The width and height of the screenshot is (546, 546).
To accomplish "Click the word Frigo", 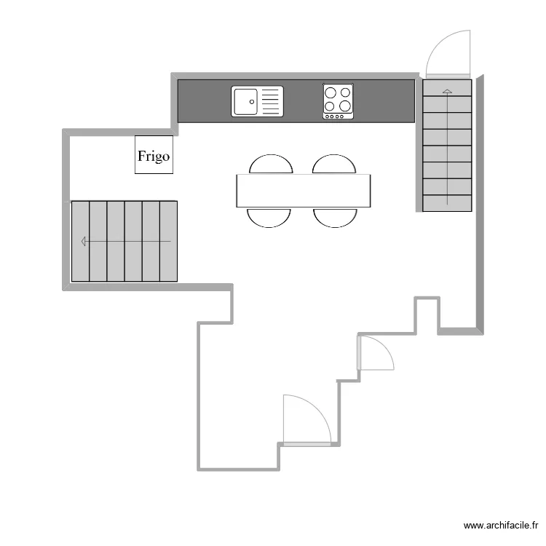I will (154, 156).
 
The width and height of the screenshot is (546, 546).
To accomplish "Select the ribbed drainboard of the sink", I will (270, 101).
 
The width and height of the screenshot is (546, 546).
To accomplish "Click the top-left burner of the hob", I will (331, 92).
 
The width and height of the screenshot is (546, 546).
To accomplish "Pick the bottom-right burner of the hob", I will (346, 106).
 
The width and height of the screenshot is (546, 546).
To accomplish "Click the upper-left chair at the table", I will (271, 165).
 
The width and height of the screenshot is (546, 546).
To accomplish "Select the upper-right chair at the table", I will (334, 165).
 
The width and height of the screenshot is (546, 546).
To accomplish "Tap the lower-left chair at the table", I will (269, 217).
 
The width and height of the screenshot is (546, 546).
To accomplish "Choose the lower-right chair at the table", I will (335, 217).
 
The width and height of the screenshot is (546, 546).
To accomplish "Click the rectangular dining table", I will (303, 191).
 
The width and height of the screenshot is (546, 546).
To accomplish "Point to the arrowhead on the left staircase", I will (84, 241).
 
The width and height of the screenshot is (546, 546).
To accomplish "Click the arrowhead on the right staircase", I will (447, 90).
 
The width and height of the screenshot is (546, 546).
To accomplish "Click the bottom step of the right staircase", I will (447, 203).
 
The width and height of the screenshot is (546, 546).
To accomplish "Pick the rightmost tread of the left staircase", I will (168, 241).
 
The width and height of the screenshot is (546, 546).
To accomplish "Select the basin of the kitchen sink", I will (245, 101).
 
